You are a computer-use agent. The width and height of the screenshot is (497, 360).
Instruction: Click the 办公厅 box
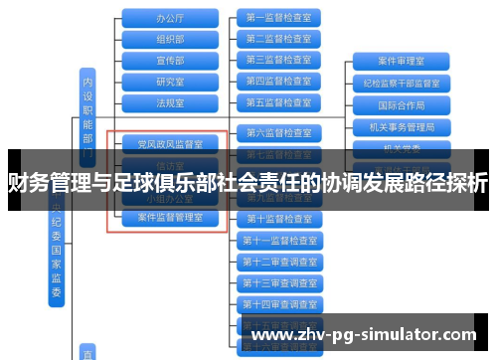[x=170, y=18]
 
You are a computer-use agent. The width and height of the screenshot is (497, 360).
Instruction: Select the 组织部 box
[x=170, y=39]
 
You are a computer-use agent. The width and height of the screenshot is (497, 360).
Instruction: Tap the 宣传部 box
[x=170, y=60]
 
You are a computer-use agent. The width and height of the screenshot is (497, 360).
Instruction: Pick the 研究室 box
[x=170, y=81]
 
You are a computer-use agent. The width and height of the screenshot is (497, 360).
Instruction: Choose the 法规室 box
[x=170, y=101]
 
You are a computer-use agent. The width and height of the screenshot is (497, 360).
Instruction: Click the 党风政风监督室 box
[x=170, y=143]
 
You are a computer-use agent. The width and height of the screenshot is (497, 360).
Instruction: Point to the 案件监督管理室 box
[x=170, y=216]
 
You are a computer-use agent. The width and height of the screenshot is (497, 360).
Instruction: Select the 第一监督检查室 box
[x=277, y=18]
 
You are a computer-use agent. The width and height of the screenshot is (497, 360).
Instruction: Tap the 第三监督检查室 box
[x=277, y=60]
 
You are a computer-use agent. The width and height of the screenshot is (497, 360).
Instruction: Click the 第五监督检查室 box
[x=277, y=101]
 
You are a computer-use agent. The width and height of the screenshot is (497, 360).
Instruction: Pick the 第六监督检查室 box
[x=277, y=132]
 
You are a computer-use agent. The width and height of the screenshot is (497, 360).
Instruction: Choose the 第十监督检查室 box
[x=277, y=218]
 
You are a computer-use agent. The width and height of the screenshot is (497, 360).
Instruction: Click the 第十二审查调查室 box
[x=277, y=261]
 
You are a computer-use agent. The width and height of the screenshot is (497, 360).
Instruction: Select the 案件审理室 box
[x=402, y=61]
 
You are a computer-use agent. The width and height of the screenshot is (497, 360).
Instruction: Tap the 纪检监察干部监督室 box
[x=402, y=83]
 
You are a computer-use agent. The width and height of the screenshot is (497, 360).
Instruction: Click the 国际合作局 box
[x=402, y=104]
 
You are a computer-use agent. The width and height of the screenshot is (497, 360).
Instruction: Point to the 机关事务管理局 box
[x=402, y=126]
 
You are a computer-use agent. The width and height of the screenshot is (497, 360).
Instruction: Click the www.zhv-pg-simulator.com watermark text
[x=366, y=335]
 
